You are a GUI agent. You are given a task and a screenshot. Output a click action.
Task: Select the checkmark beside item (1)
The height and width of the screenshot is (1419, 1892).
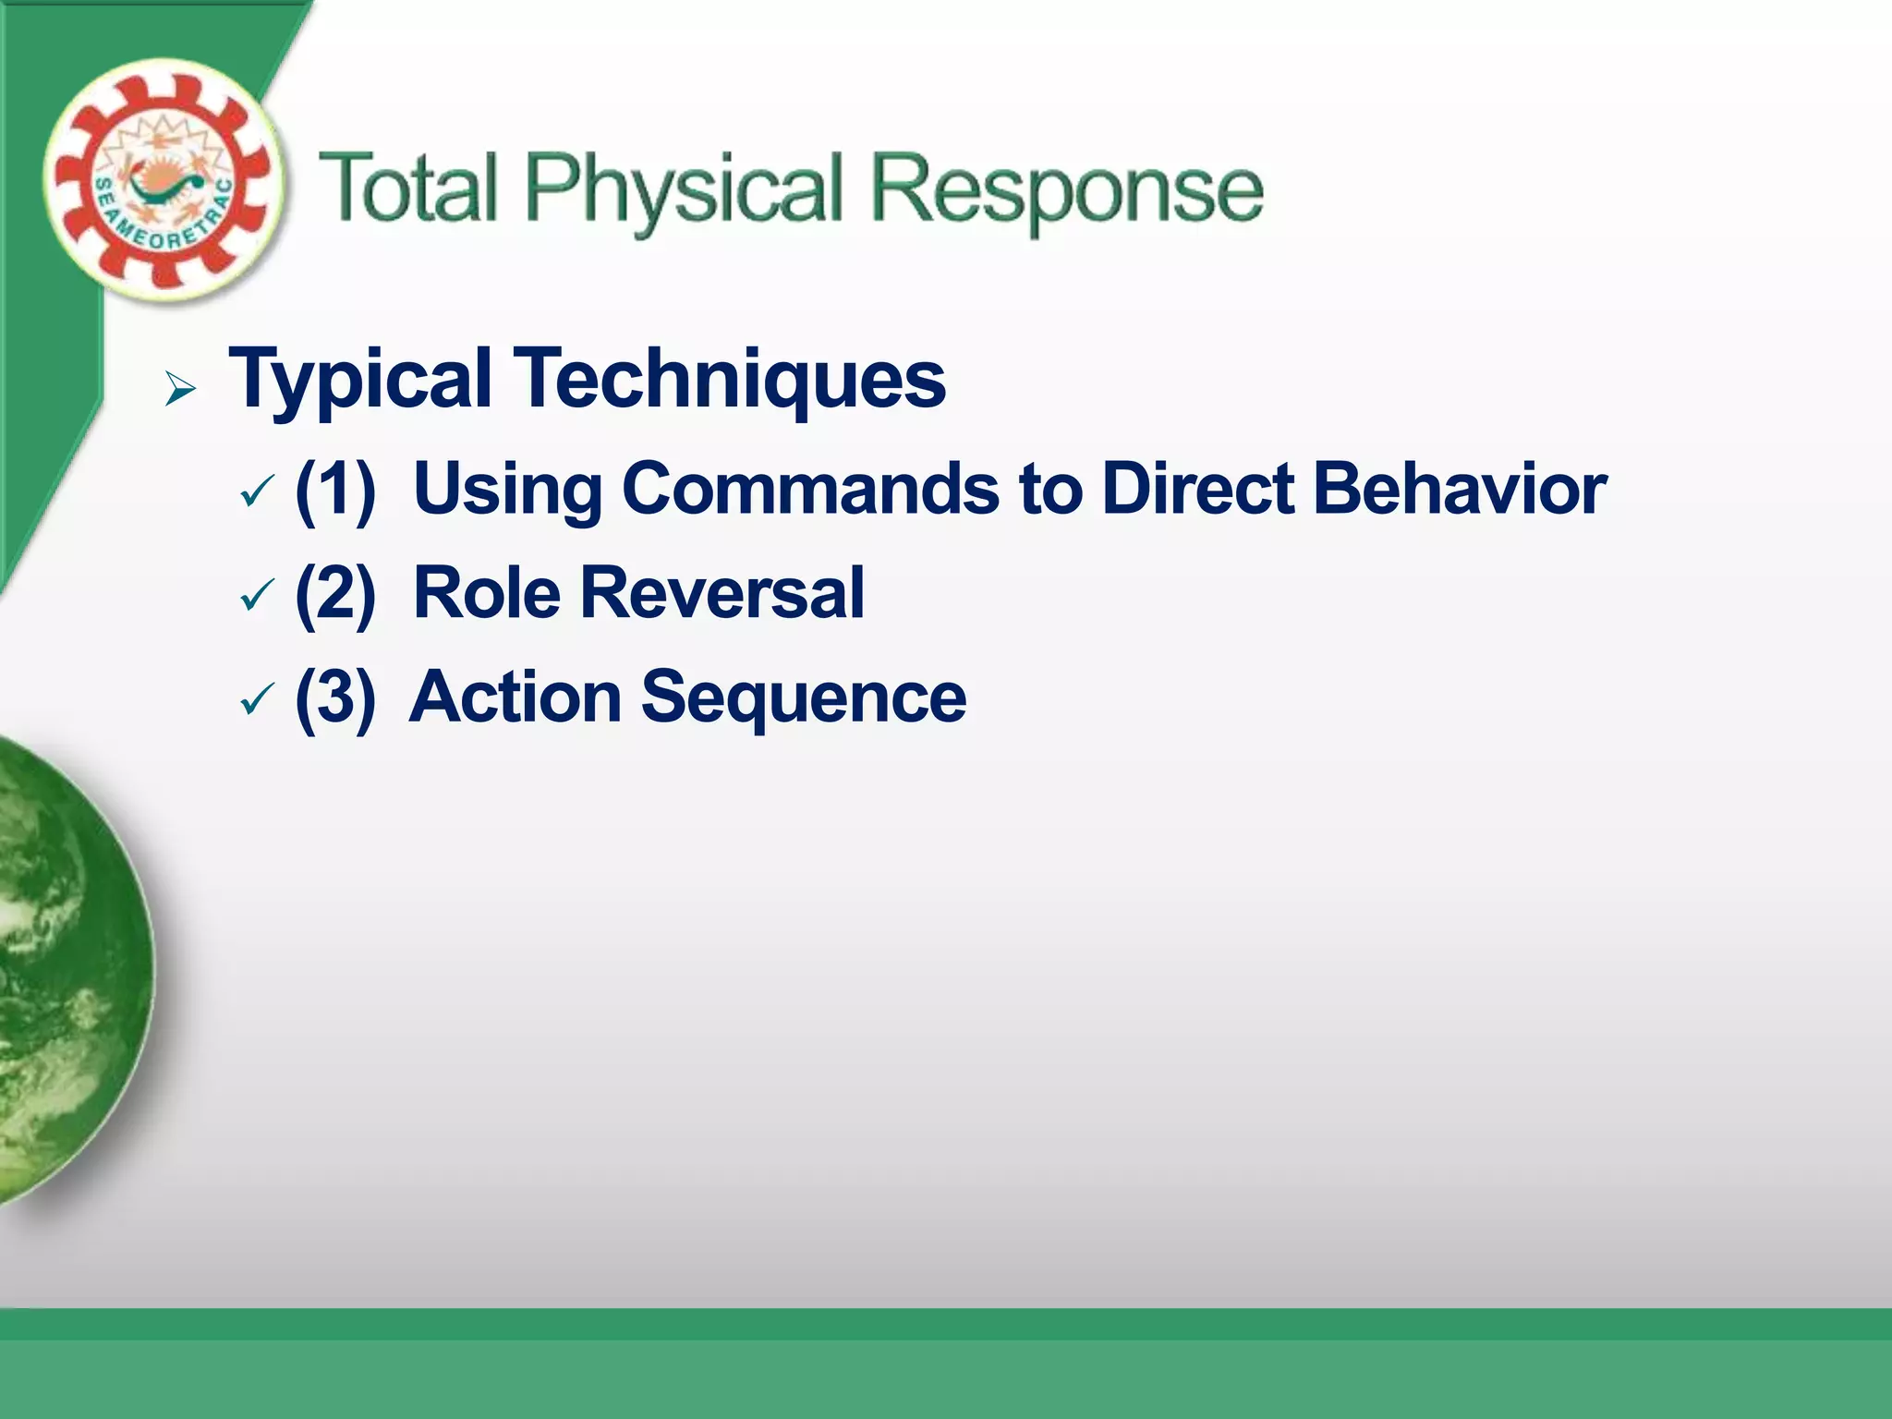pyautogui.click(x=256, y=491)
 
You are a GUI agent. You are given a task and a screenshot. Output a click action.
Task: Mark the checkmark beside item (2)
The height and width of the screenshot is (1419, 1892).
pyautogui.click(x=256, y=596)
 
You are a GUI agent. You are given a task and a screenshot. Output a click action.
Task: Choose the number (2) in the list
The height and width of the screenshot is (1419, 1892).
pyautogui.click(x=335, y=593)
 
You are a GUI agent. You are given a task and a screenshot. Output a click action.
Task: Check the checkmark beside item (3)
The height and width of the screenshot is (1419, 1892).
pyautogui.click(x=256, y=699)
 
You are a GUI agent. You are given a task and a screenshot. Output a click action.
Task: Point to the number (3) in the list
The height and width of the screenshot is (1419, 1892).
pyautogui.click(x=335, y=697)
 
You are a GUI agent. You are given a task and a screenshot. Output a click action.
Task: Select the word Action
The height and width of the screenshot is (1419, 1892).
pyautogui.click(x=515, y=697)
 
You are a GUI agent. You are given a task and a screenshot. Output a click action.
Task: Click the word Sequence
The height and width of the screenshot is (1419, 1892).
pyautogui.click(x=804, y=697)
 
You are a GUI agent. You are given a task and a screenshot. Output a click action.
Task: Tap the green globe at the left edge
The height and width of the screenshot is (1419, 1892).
pyautogui.click(x=65, y=970)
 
